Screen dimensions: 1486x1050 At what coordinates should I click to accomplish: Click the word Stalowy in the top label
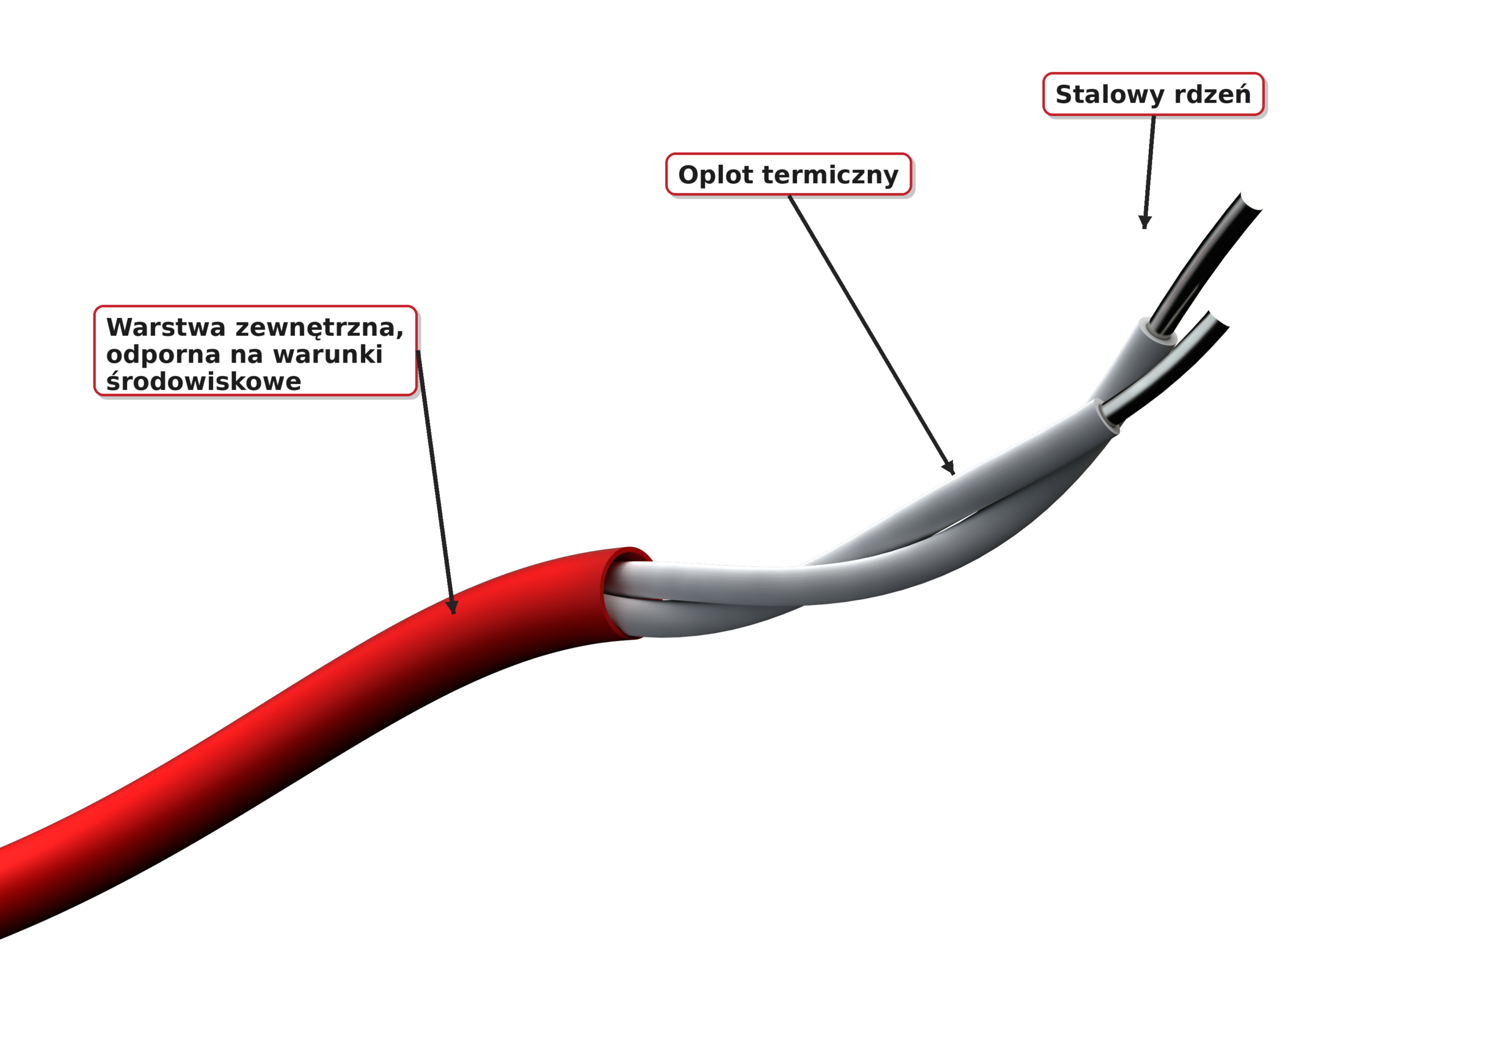coord(1109,95)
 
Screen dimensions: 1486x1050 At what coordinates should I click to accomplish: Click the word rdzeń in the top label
coord(1212,94)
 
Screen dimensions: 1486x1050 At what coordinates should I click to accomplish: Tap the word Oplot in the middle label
coord(715,175)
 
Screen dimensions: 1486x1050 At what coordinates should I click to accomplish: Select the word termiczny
coord(831,175)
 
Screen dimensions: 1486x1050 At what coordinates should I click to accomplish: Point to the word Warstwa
coord(165,327)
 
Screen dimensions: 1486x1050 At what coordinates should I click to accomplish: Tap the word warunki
coord(327,354)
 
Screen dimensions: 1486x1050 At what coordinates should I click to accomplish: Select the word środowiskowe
coord(203,382)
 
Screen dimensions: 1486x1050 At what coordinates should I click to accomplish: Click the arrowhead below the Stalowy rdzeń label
coord(1144,223)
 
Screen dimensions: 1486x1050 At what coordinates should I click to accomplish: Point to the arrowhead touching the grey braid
coord(950,468)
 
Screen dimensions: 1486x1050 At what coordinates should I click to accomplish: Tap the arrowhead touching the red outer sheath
coord(453,607)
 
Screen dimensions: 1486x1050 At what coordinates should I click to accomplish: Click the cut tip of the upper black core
coord(1250,202)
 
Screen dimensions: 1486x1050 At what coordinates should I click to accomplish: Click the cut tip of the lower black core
coord(1219,320)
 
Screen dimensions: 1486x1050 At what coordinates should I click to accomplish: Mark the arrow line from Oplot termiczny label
coord(871,335)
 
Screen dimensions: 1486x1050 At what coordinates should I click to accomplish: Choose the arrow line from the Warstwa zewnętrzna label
coord(435,482)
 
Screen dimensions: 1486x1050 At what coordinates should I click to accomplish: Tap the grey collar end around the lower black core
coord(1108,416)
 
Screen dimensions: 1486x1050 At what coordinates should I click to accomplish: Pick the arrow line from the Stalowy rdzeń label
coord(1149,172)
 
